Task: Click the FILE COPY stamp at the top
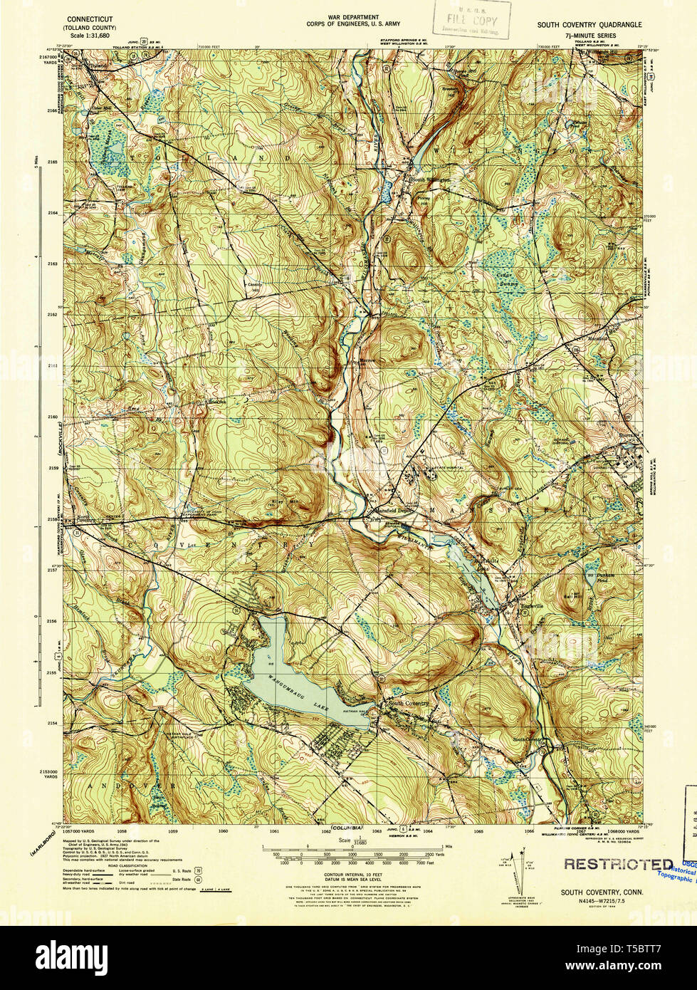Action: [x=473, y=21]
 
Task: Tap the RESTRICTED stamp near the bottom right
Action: [x=617, y=864]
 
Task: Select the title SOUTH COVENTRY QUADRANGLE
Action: [x=589, y=24]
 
